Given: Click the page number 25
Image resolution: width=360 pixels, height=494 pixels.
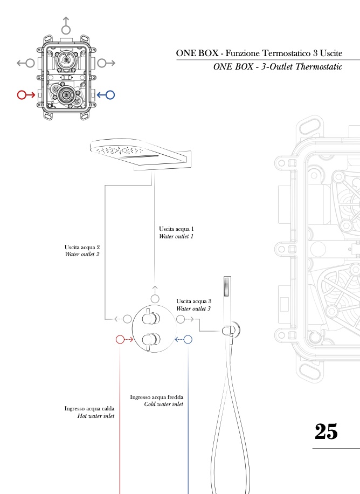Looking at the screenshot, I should tap(326, 431).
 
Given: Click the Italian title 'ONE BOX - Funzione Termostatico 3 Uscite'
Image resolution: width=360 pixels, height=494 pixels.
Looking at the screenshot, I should tap(259, 53).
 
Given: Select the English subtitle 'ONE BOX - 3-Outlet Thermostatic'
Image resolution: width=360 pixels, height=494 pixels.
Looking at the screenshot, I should tap(278, 67).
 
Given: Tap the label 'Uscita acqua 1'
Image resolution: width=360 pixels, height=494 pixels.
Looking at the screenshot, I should tap(176, 229).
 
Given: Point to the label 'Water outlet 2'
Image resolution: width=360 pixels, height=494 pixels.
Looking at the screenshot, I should tap(82, 254).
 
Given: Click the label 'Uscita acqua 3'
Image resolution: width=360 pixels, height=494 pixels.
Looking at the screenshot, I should tap(193, 301).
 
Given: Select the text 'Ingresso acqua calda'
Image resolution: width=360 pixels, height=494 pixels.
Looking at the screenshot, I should tap(89, 409).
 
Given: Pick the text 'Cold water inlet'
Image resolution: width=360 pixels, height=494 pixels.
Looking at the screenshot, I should tap(164, 404).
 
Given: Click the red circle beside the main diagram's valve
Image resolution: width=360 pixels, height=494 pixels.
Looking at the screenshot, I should tap(121, 340).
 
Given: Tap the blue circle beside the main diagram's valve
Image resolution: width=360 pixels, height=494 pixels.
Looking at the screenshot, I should tap(188, 340).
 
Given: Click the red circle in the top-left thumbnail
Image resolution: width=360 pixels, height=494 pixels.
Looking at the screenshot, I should tap(22, 95).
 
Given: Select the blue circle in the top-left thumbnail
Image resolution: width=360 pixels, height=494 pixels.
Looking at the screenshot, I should tap(110, 95).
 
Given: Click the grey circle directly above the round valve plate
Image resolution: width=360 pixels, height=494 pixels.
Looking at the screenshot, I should tap(155, 299).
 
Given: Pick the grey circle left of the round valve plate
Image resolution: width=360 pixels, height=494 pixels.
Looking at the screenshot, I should tap(127, 319).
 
